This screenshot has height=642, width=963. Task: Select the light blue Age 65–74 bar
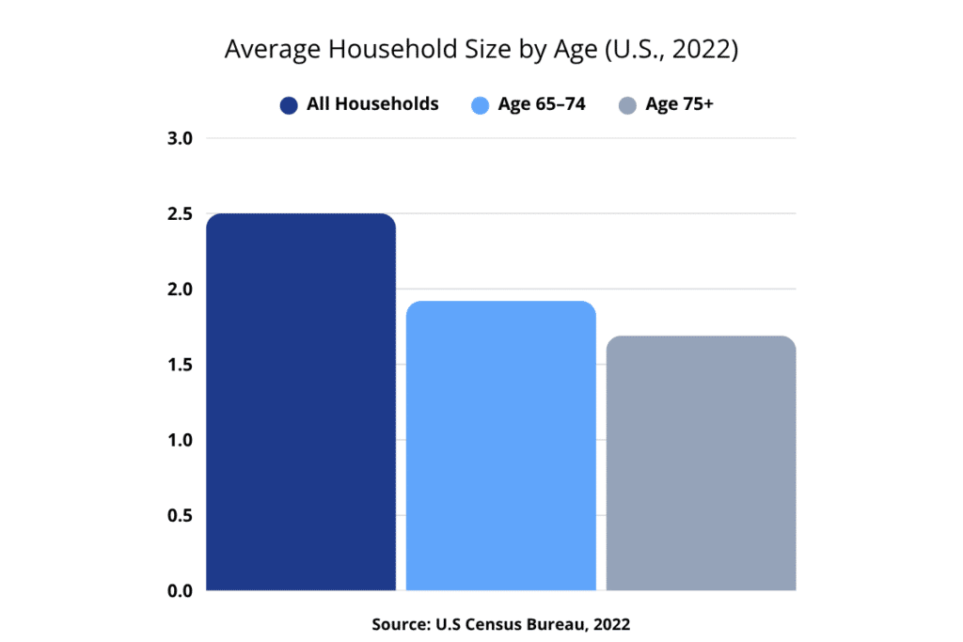click(x=501, y=446)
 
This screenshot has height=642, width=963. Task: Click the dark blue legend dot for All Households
click(x=289, y=105)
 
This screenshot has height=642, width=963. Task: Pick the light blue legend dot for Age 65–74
click(x=480, y=105)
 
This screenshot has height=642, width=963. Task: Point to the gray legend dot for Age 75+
click(x=627, y=105)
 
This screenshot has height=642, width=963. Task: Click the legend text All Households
click(x=372, y=104)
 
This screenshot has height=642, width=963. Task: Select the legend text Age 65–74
click(x=542, y=104)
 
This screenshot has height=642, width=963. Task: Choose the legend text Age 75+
click(x=679, y=104)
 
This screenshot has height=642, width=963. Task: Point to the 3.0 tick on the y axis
click(x=180, y=138)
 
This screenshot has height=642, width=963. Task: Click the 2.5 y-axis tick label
click(x=180, y=214)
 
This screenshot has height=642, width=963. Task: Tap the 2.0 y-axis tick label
click(x=180, y=290)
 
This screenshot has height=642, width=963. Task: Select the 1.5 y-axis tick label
click(x=180, y=365)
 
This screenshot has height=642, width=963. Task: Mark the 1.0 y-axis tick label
click(x=180, y=440)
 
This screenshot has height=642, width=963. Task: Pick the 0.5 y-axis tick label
click(x=180, y=515)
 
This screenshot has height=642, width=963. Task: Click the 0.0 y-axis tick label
click(x=180, y=590)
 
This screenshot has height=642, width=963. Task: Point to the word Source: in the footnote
click(x=400, y=623)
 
